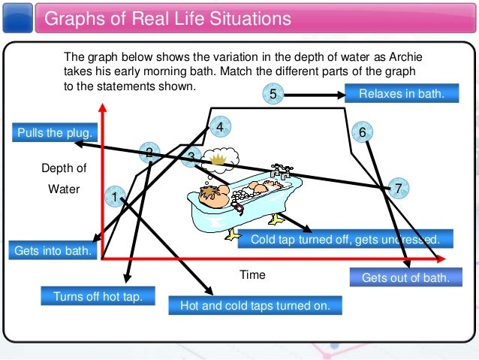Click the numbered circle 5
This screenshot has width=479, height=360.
273,94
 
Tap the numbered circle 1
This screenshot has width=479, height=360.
114,196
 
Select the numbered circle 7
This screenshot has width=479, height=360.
399,188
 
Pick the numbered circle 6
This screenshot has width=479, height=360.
362,132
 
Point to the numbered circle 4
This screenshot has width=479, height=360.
219,128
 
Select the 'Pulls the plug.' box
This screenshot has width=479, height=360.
54,133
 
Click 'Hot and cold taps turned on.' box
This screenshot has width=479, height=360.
256,305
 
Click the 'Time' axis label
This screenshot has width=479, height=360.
252,275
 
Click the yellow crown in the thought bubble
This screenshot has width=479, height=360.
218,159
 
